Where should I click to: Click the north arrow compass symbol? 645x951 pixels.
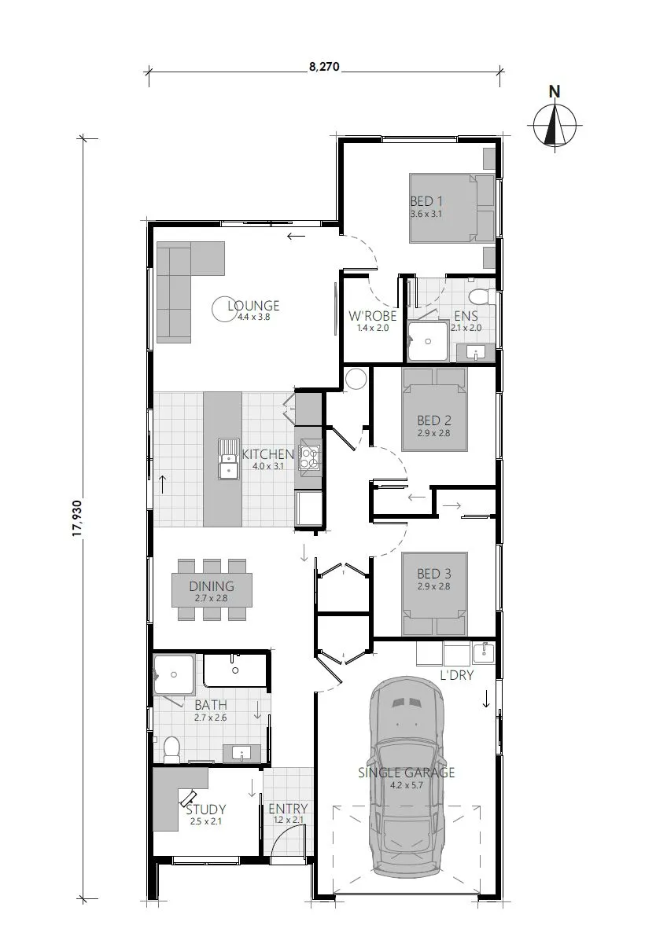[555, 123]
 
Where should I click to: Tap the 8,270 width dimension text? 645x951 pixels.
[323, 68]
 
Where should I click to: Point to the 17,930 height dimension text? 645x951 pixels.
[76, 516]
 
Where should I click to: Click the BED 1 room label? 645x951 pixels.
[426, 202]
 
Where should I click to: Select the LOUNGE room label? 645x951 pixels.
[253, 306]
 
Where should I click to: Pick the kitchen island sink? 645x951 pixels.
[229, 458]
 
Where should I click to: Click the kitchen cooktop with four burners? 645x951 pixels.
[308, 457]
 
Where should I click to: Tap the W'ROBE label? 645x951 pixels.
[372, 317]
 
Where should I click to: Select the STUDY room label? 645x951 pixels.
[206, 809]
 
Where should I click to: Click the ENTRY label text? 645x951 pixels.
[288, 809]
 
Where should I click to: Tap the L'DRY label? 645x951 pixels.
[456, 675]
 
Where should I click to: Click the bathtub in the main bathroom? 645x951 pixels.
[236, 670]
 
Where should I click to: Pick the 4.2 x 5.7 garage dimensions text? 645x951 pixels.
[407, 784]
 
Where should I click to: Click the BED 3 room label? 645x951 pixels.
[434, 574]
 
